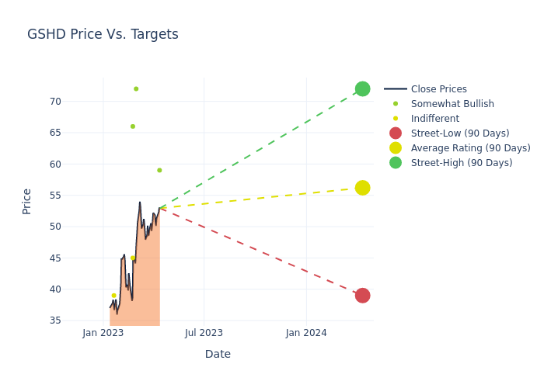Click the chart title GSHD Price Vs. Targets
(103, 34)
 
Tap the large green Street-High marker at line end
(363, 89)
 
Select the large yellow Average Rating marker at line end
(363, 188)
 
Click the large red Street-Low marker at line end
(363, 296)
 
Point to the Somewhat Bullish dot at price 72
(136, 89)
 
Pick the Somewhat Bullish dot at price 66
(133, 126)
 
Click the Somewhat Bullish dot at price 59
(159, 170)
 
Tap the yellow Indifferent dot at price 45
(133, 258)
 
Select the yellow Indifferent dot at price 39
(113, 296)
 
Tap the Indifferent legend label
(435, 119)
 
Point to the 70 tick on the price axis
(55, 102)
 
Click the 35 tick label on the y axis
(55, 320)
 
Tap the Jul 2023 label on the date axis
(204, 333)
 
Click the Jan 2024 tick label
(306, 333)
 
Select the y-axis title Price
(26, 202)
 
